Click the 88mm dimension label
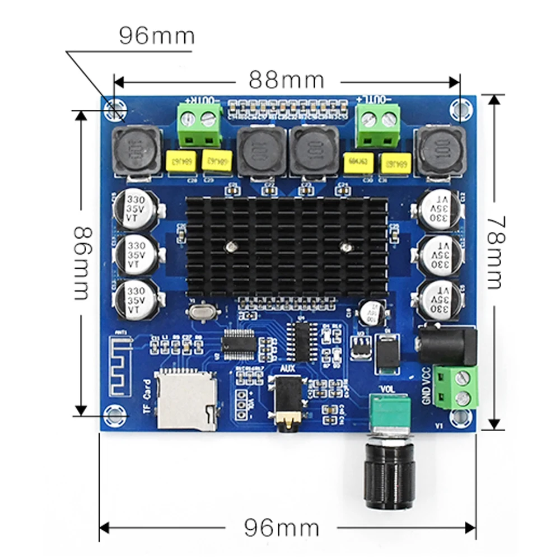coord(287,80)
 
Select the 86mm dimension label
coord(83,263)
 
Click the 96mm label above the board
coord(157,36)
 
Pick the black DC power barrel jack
coord(448,343)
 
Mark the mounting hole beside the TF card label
coord(115,414)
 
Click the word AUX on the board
coord(287,369)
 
